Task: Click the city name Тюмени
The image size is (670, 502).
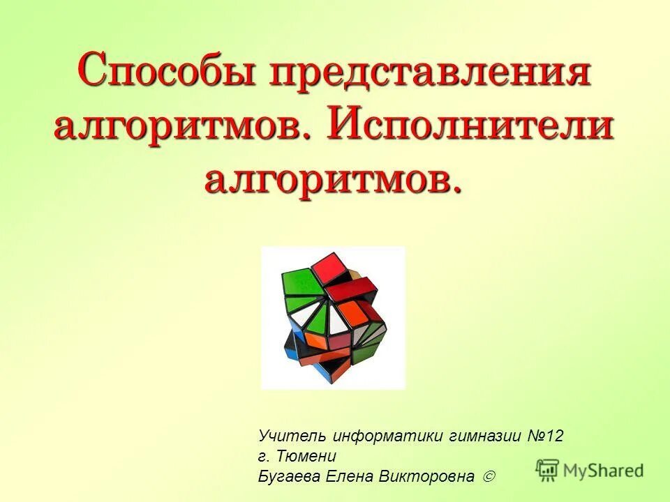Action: point(306,456)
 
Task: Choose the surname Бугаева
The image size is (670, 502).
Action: point(288,477)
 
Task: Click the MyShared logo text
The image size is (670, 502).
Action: point(604,471)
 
